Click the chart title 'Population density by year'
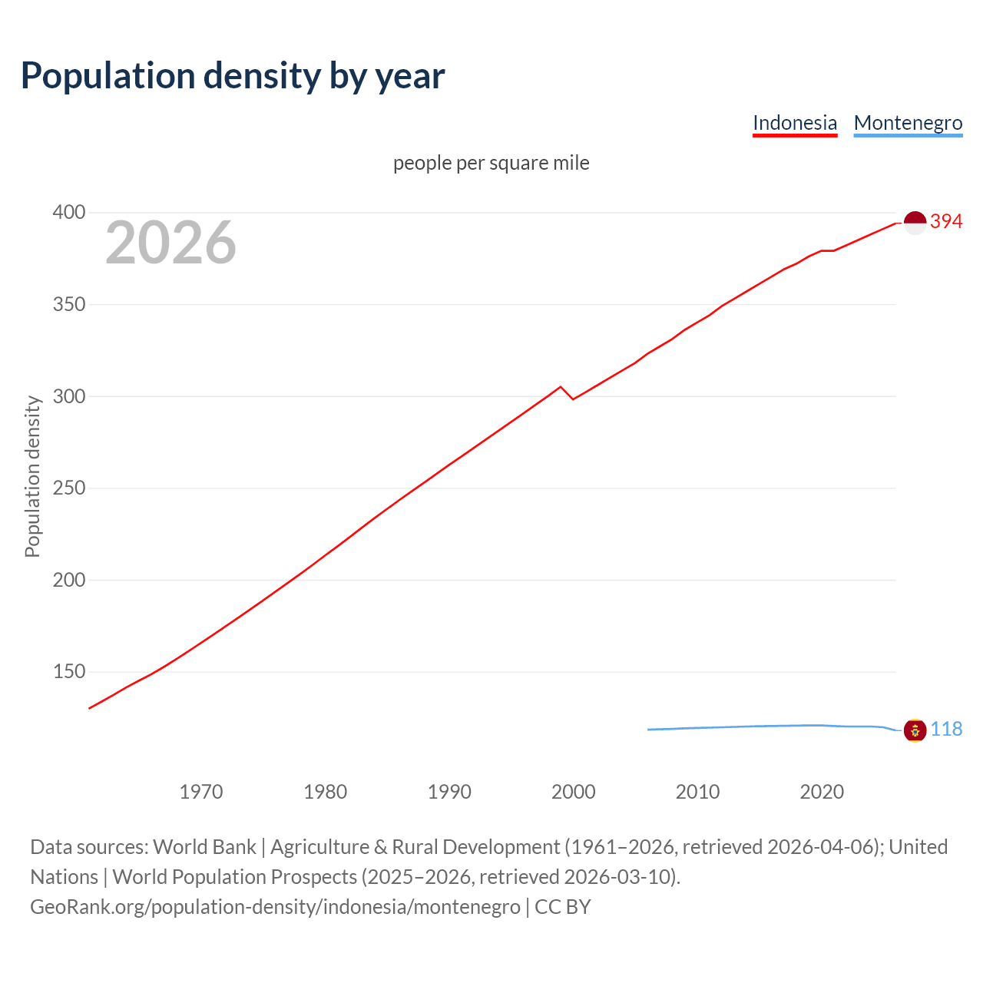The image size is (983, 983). [x=233, y=75]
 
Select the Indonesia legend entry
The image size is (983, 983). [x=794, y=123]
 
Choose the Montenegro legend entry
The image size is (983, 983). [x=908, y=123]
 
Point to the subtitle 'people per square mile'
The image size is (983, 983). [x=491, y=163]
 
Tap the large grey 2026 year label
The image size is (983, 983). [x=170, y=243]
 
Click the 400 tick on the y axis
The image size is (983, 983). [x=68, y=213]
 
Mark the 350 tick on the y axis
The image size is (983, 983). [x=68, y=305]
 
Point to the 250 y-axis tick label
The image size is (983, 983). [x=68, y=488]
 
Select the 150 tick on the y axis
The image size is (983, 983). [x=68, y=672]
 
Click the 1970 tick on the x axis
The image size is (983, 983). [x=201, y=792]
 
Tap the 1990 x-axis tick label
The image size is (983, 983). [x=449, y=792]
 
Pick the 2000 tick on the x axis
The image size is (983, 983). [x=574, y=792]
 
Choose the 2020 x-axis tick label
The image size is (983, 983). [x=822, y=792]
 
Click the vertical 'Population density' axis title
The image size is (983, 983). [x=32, y=476]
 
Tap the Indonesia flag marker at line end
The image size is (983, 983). [x=915, y=223]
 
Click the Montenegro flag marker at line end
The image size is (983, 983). [x=915, y=730]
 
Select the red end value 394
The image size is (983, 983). [x=946, y=222]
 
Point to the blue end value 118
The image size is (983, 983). [x=946, y=730]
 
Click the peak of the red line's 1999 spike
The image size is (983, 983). [x=561, y=386]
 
